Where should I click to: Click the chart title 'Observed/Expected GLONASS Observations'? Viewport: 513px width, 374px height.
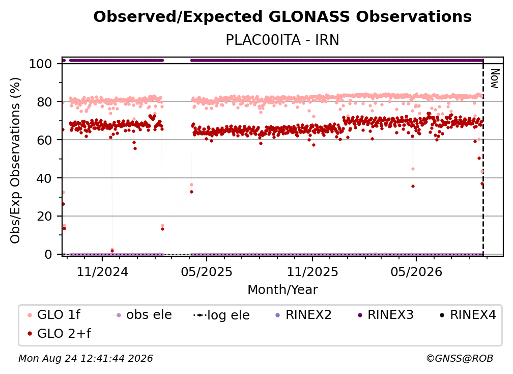coord(282,17)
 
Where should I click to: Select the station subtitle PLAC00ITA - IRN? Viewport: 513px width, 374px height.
coord(282,40)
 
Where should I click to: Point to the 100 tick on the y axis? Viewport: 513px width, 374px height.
coord(40,64)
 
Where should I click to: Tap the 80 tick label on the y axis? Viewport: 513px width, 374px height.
coord(44,102)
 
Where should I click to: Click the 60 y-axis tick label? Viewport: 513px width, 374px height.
coord(44,140)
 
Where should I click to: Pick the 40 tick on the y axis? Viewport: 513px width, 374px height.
coord(44,178)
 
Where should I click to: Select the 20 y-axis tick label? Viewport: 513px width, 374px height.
coord(44,216)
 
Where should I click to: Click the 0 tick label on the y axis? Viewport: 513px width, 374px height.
coord(48,254)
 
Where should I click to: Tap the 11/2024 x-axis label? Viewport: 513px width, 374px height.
coord(102,272)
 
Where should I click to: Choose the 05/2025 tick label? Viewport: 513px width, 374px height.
coord(207,272)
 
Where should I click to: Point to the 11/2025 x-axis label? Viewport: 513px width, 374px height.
coord(312,272)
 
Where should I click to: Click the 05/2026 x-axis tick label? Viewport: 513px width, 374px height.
coord(416,272)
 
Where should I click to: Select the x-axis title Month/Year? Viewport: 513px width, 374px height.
coord(282,290)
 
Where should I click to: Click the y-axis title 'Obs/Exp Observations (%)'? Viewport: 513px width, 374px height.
coord(15,160)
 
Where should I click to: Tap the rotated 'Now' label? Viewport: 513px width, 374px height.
coord(495,78)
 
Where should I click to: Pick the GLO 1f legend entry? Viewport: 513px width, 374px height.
coord(54,315)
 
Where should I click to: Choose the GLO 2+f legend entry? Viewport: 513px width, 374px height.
coord(59,334)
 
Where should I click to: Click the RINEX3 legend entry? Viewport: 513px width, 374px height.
coord(386,315)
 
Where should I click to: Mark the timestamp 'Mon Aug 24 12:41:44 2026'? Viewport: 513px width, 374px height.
coord(85,358)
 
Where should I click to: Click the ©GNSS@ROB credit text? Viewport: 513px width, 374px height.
coord(460,358)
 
